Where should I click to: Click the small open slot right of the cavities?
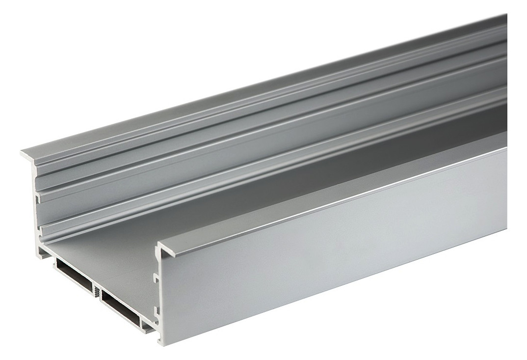[147, 324]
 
